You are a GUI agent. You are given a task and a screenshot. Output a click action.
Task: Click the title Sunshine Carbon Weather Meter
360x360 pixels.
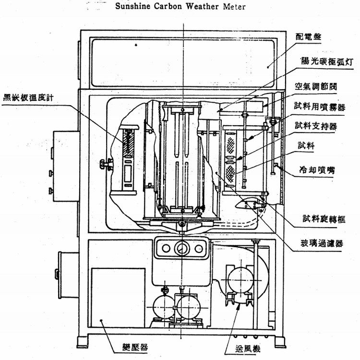[180, 7]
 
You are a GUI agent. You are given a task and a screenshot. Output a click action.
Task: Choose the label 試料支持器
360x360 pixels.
[315, 126]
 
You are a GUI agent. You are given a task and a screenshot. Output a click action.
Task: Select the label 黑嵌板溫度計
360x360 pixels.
[32, 96]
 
